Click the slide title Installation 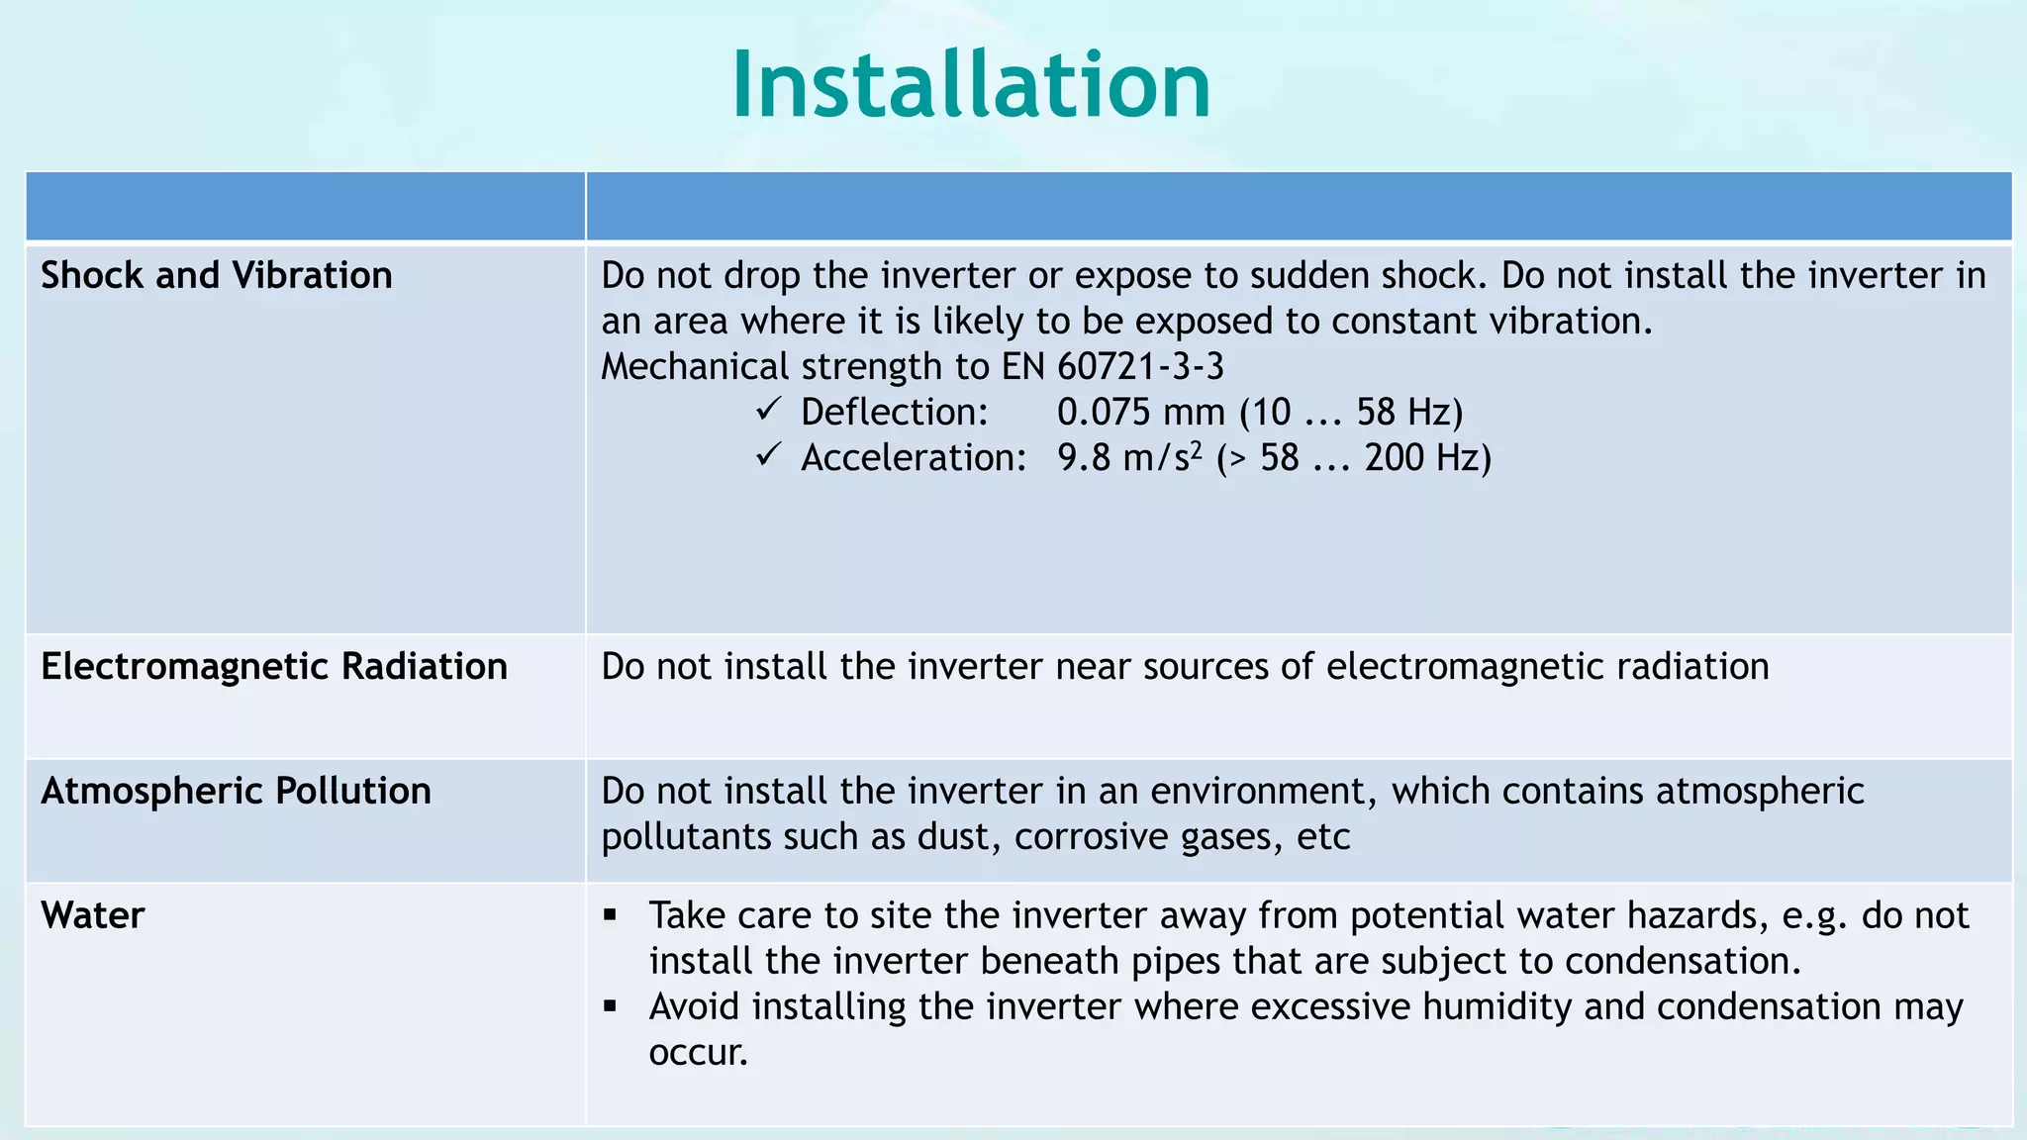(x=971, y=87)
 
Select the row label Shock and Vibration (x=216, y=275)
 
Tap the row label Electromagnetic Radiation (x=273, y=666)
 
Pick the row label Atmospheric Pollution (x=236, y=791)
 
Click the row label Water (x=92, y=915)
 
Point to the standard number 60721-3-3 (x=1140, y=367)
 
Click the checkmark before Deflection (x=768, y=409)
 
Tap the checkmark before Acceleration (x=768, y=454)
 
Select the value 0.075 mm (x=1140, y=413)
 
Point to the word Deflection (x=894, y=413)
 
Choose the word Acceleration (x=913, y=458)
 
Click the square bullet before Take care (x=610, y=915)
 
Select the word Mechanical (x=694, y=367)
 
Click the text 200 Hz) (x=1427, y=458)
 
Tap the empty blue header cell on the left (x=305, y=206)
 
